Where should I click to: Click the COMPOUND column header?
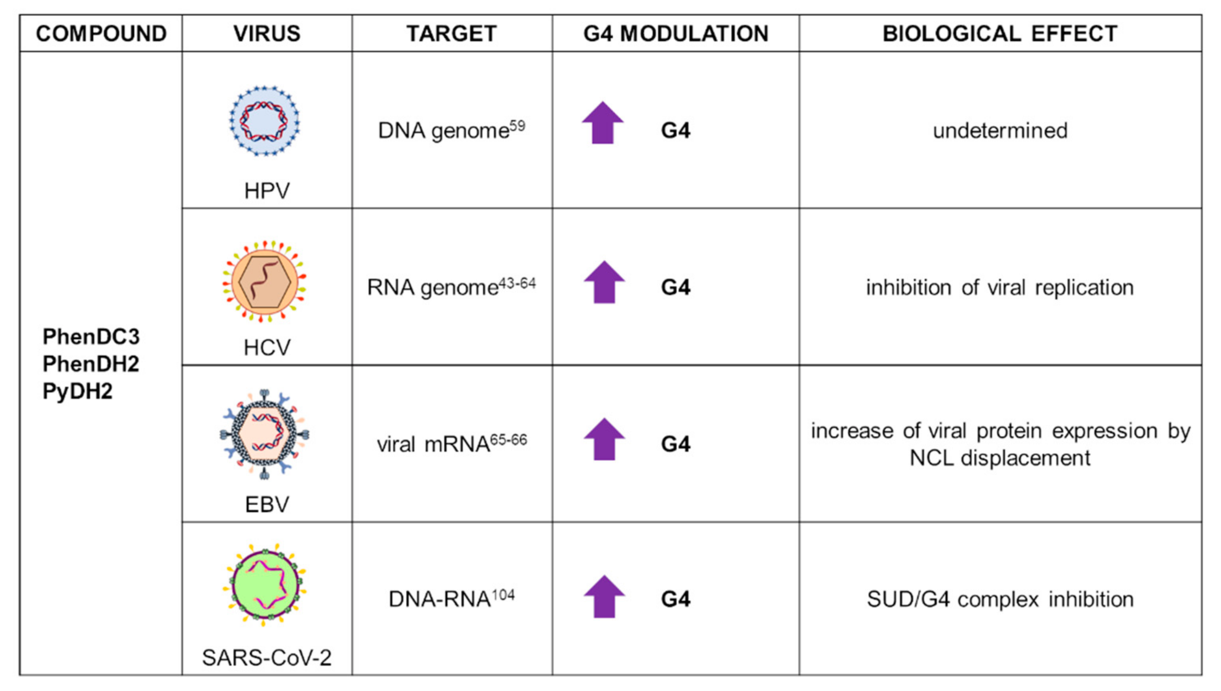click(101, 34)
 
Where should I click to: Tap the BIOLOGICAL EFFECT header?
click(1000, 34)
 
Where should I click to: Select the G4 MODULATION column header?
click(675, 34)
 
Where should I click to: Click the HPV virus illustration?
click(265, 121)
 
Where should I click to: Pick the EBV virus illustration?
click(265, 434)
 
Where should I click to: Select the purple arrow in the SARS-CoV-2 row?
click(604, 597)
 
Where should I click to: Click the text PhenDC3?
click(91, 336)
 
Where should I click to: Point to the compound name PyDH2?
click(77, 392)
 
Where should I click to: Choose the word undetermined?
click(1000, 131)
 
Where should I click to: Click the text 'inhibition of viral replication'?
click(1000, 288)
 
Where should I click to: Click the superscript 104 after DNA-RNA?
click(503, 595)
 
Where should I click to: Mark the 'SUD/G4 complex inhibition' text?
click(1000, 599)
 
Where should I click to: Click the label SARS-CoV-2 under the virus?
click(267, 658)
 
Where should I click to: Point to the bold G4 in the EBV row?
click(675, 444)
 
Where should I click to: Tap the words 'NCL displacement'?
click(1000, 458)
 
